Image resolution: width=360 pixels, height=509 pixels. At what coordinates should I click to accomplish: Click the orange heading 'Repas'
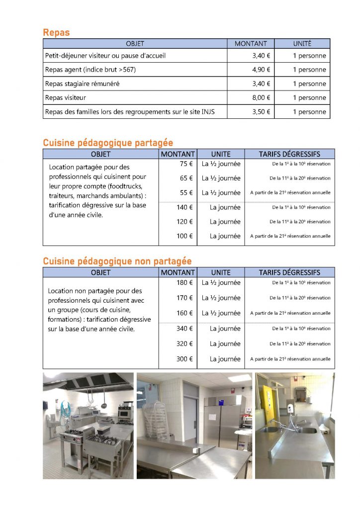[56, 33]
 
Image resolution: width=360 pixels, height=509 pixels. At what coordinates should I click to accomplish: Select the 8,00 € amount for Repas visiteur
[261, 98]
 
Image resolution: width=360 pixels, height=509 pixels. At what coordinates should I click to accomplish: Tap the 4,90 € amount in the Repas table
[261, 70]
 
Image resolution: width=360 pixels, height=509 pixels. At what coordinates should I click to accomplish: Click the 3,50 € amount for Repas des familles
[261, 112]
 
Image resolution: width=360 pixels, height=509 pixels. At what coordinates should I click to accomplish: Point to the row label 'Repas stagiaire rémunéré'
[82, 84]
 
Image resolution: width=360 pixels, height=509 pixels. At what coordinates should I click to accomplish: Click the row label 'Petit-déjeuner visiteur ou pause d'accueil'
[105, 56]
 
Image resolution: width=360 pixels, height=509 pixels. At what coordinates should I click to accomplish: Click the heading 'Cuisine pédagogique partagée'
[108, 143]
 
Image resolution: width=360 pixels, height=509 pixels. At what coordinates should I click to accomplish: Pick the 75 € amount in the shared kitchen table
[186, 164]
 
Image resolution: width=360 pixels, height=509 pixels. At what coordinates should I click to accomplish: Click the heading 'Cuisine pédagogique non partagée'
[117, 261]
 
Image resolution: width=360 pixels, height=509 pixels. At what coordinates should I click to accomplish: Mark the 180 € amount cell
[184, 283]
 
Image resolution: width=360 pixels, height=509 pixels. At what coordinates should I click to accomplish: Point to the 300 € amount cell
[184, 359]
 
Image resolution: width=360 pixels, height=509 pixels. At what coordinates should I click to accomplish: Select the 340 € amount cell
[184, 329]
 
